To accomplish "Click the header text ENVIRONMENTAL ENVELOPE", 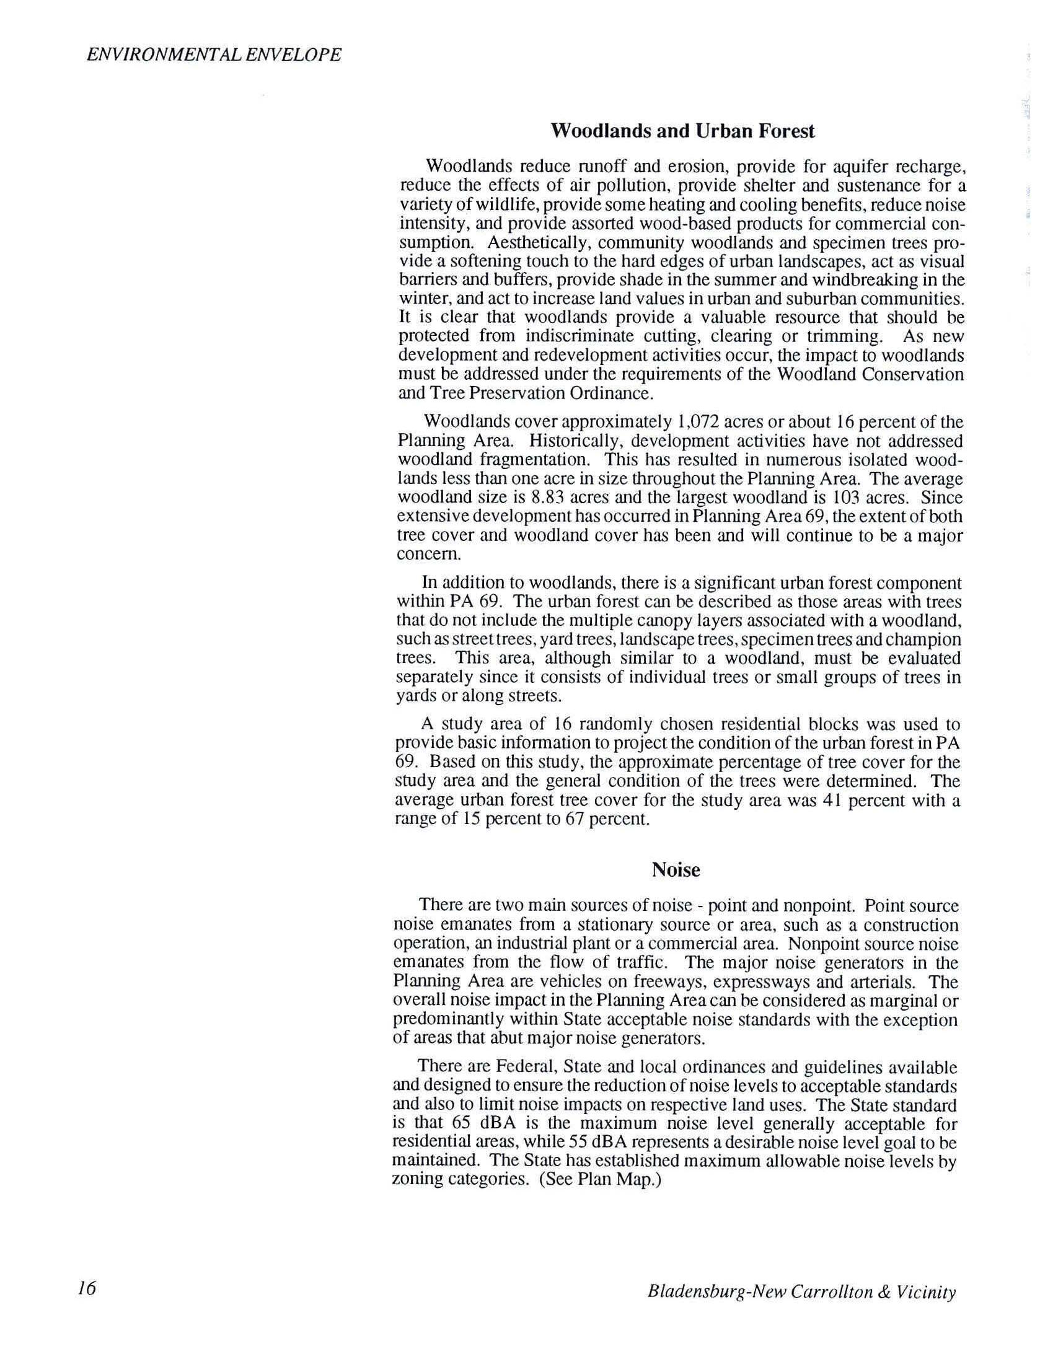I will pos(214,55).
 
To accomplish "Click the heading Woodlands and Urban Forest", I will pos(682,131).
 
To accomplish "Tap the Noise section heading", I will pos(676,870).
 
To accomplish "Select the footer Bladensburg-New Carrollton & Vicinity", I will pos(801,1291).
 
